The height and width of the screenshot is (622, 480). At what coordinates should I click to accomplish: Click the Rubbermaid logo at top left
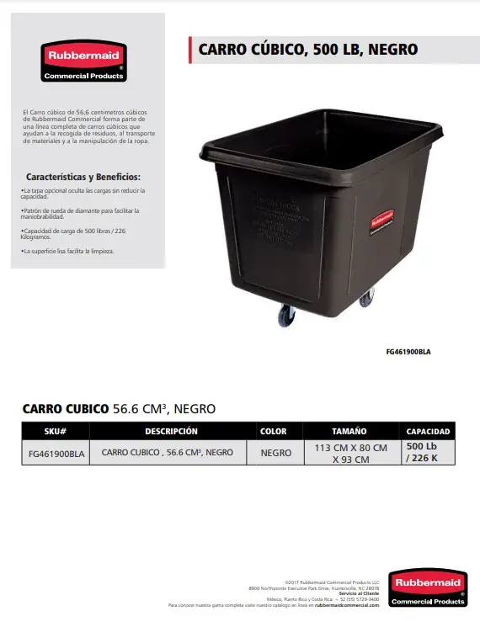[84, 61]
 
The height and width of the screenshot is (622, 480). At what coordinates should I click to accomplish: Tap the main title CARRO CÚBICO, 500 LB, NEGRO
[307, 50]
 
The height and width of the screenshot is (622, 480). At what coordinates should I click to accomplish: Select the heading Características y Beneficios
[83, 177]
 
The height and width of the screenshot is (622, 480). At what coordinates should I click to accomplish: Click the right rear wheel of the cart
[366, 297]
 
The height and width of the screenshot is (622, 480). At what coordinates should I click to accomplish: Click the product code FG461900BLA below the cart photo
[413, 352]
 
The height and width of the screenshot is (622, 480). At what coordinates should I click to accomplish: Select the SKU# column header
[55, 431]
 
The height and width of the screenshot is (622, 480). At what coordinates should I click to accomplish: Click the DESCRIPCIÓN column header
[171, 431]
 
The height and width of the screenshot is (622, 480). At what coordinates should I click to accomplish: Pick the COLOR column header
[274, 431]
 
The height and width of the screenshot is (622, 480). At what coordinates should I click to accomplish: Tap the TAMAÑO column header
[349, 431]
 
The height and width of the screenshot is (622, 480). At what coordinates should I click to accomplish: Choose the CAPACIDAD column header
[428, 431]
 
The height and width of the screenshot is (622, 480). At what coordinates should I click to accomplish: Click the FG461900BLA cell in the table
[55, 453]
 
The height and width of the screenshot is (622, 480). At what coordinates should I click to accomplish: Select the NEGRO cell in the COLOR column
[275, 453]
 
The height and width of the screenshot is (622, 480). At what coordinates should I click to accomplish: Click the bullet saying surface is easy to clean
[67, 251]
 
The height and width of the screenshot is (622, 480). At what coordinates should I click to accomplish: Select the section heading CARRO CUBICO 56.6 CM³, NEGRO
[119, 409]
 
